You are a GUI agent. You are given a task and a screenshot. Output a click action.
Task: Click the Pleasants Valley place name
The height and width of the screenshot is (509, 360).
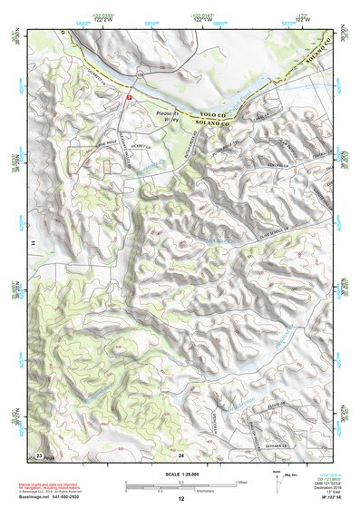tap(165, 116)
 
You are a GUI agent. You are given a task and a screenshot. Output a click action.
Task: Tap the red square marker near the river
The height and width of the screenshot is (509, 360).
tap(129, 94)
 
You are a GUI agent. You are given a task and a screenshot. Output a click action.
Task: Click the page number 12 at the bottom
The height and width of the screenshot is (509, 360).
tap(180, 498)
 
